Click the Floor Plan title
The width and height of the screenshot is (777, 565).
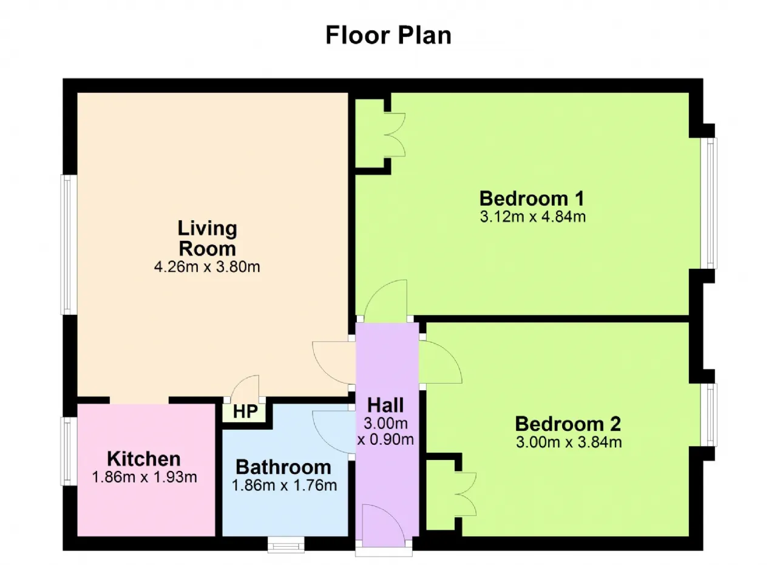click(x=388, y=35)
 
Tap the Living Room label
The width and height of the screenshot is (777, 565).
click(x=207, y=239)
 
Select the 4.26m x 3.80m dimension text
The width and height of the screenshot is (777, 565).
click(x=207, y=266)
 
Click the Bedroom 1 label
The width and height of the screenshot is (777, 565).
click(x=532, y=198)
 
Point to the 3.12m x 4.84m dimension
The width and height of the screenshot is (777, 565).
click(x=533, y=217)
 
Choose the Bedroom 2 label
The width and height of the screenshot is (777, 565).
click(x=568, y=424)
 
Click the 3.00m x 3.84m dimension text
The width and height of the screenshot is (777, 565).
click(x=569, y=442)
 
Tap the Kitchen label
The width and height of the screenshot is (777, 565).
click(x=144, y=459)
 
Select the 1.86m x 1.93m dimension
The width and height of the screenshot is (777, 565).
click(x=144, y=477)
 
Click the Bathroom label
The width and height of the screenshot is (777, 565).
click(x=283, y=467)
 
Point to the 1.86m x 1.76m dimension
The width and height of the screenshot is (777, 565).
click(x=285, y=485)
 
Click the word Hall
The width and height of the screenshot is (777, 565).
click(x=385, y=405)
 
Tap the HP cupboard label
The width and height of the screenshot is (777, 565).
click(x=245, y=411)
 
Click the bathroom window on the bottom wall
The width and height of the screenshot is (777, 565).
click(x=286, y=544)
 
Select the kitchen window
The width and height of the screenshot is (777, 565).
click(x=69, y=451)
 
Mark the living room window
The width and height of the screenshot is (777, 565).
click(x=69, y=245)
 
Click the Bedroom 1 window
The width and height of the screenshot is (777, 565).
click(x=708, y=203)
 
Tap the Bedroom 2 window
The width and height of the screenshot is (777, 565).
click(x=708, y=415)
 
